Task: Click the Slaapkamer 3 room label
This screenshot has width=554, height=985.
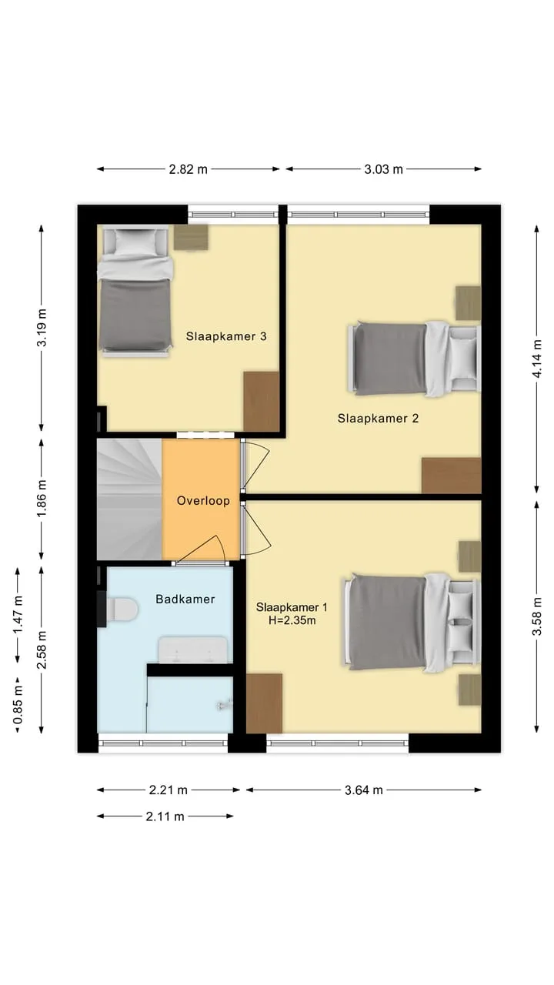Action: [226, 336]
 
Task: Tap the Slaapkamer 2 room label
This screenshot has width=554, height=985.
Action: [378, 418]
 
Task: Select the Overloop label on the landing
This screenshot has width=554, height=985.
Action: [203, 501]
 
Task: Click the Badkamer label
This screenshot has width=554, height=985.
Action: [185, 599]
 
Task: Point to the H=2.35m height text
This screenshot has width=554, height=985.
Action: [292, 620]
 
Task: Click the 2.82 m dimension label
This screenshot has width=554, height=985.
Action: [189, 169]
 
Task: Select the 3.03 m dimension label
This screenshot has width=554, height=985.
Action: [383, 169]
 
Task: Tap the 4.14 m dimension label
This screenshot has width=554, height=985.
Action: [537, 359]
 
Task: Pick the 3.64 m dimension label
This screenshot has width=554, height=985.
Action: [364, 790]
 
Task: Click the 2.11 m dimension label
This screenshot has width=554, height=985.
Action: [165, 816]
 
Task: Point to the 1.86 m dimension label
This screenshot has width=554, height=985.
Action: [42, 499]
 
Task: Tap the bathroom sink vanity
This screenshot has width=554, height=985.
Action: [192, 650]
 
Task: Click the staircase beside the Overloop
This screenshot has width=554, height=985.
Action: [130, 499]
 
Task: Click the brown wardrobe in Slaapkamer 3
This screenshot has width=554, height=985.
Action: [262, 401]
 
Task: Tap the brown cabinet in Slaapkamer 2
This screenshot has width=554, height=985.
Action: [452, 476]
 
